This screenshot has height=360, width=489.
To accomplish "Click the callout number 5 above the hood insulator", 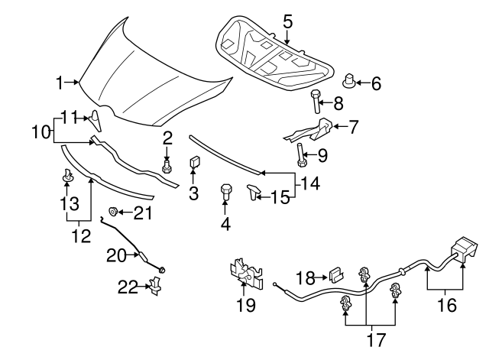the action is [x=288, y=22].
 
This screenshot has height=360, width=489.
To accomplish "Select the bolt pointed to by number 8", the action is [x=316, y=102].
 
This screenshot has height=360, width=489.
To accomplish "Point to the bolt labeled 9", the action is [x=301, y=155].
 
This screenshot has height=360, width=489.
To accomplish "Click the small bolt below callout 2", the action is [x=167, y=166].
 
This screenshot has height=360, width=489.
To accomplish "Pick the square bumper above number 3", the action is [x=195, y=163].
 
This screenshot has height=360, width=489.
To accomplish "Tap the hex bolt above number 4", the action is [x=225, y=193].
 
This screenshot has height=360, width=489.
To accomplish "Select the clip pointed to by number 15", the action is [x=252, y=192].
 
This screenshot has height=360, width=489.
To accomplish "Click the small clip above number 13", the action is [x=68, y=175].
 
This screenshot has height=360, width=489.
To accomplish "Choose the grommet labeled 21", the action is [x=112, y=212].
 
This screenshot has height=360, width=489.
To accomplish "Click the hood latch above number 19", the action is [x=246, y=272].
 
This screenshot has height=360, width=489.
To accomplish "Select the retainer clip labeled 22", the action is [x=156, y=285].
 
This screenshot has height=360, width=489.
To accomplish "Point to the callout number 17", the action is [x=376, y=339].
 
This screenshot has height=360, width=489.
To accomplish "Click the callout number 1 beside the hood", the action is [x=60, y=83].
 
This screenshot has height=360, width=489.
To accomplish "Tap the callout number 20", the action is [x=116, y=255].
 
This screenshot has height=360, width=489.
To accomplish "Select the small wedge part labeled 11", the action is [x=96, y=121].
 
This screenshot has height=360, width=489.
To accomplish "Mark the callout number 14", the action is [x=310, y=183].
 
